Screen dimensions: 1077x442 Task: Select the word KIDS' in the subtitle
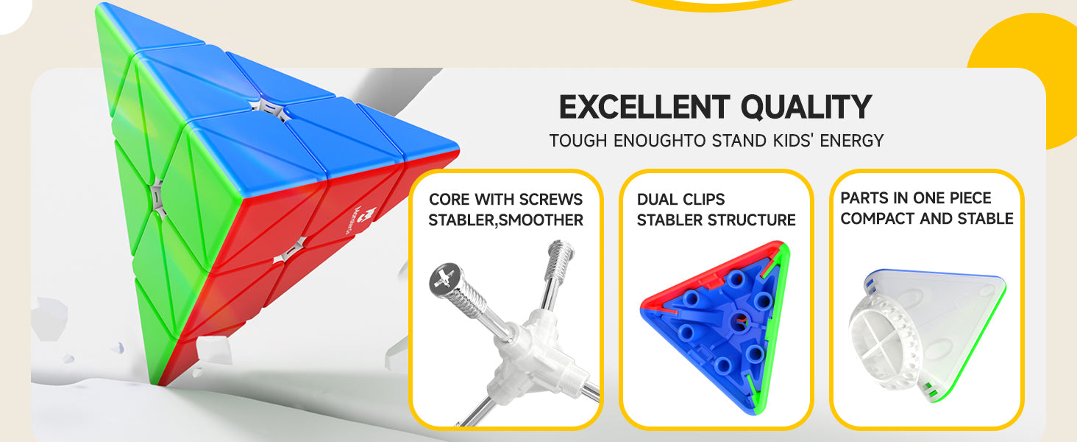click(x=792, y=141)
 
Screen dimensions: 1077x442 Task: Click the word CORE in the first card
click(x=449, y=200)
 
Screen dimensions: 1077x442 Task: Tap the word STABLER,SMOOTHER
click(x=505, y=220)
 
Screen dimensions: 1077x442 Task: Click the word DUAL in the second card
click(x=655, y=200)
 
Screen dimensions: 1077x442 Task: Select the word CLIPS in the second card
click(x=702, y=200)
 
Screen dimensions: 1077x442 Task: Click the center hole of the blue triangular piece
click(x=740, y=320)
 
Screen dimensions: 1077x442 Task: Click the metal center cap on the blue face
click(x=270, y=110)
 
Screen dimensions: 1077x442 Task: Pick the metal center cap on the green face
click(x=157, y=197)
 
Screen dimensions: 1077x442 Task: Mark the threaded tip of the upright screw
click(x=561, y=252)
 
